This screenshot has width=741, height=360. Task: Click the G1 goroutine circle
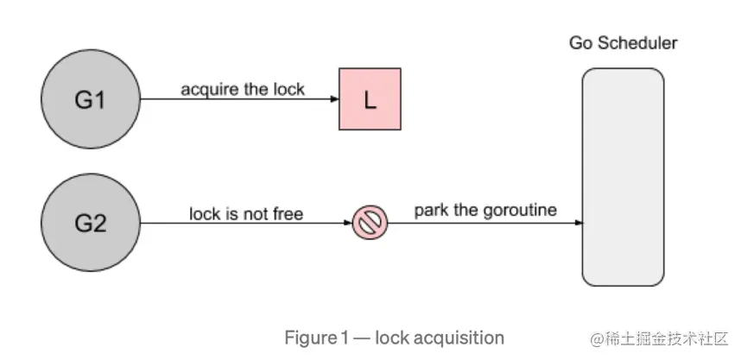coord(91,99)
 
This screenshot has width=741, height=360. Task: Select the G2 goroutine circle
coord(91,223)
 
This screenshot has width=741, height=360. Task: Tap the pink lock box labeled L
coord(370,98)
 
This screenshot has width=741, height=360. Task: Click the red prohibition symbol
coord(370,223)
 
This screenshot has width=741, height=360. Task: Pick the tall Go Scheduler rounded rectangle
coord(623,177)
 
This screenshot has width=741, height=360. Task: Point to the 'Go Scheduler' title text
coord(623,43)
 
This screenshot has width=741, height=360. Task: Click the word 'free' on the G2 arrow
coord(288,214)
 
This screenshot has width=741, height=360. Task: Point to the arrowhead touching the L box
coord(334,99)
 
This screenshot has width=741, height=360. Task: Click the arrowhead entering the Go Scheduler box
coord(578,223)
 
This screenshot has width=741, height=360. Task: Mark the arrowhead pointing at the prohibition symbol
coord(348,223)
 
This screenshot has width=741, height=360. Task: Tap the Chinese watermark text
coord(658,338)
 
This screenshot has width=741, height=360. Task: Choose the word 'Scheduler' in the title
coord(637,43)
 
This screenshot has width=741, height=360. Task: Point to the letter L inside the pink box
coord(370,99)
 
